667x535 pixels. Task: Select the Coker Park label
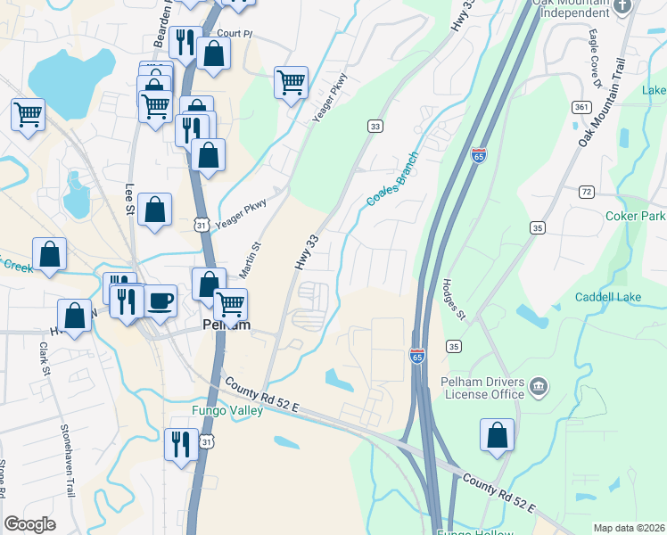click(635, 217)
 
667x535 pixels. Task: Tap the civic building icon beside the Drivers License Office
click(539, 385)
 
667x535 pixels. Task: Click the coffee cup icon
click(161, 300)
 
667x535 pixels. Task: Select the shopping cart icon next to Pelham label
click(231, 304)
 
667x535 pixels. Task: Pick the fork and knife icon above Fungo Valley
click(182, 442)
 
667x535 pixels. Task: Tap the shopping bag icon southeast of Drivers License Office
click(498, 434)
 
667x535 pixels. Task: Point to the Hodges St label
click(453, 298)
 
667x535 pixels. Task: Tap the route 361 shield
click(581, 108)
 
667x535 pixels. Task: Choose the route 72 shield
click(586, 192)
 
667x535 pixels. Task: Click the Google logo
click(30, 524)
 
